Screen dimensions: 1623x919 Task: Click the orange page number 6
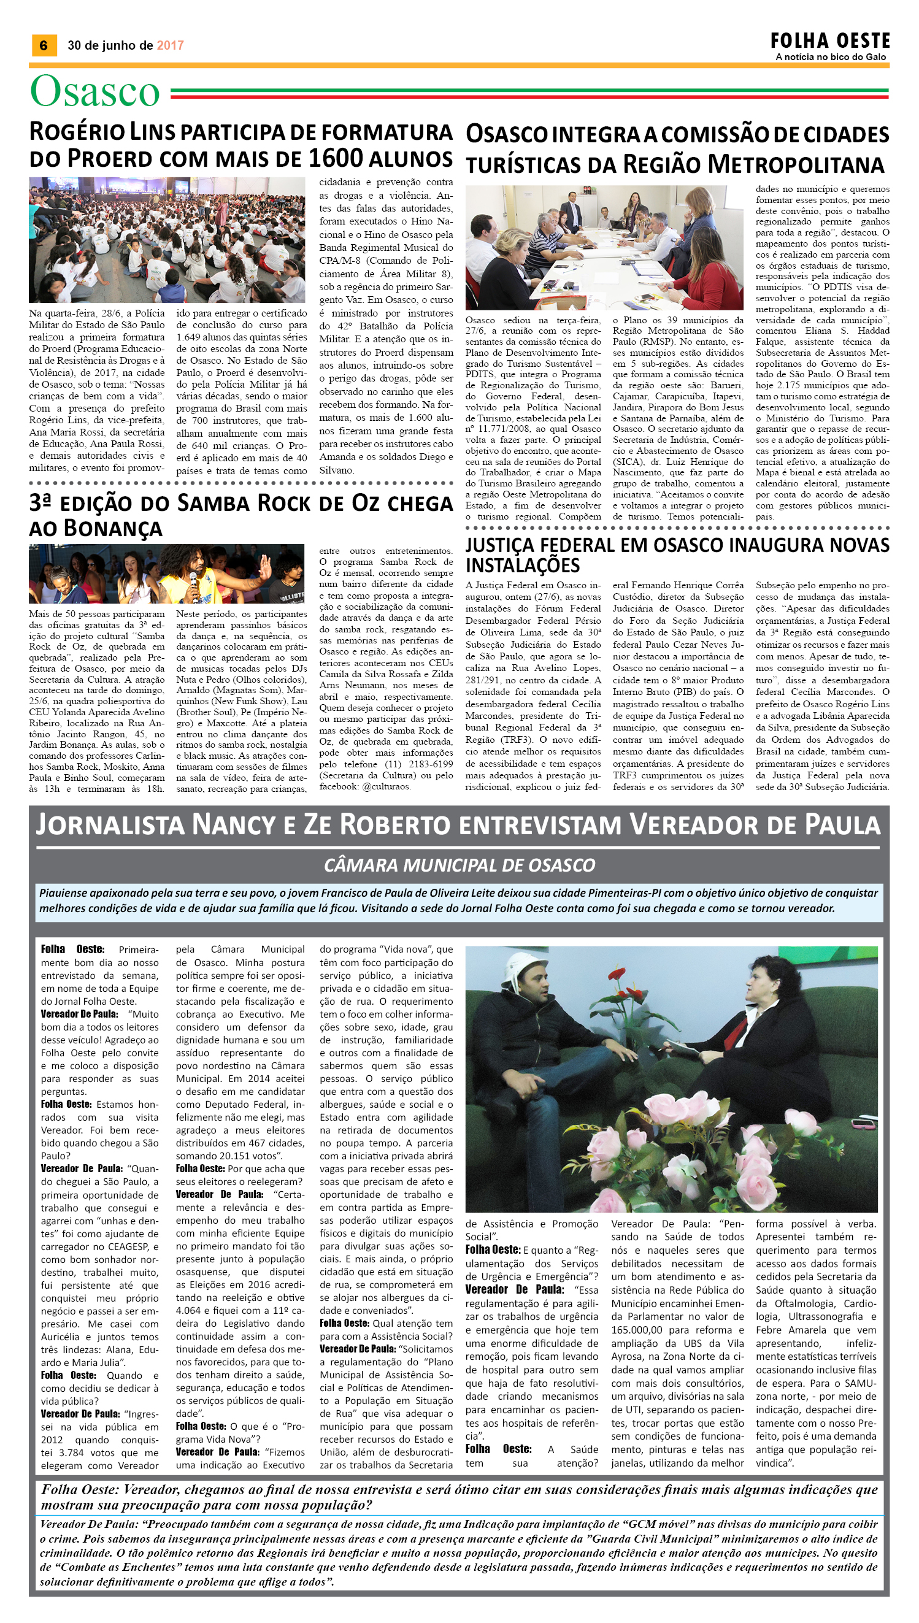(x=44, y=45)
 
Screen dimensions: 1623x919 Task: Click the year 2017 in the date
(x=170, y=45)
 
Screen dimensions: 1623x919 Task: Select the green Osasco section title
(x=95, y=91)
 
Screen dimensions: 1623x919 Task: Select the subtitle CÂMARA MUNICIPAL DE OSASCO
(x=459, y=864)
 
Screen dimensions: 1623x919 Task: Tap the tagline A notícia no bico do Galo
(x=831, y=58)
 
